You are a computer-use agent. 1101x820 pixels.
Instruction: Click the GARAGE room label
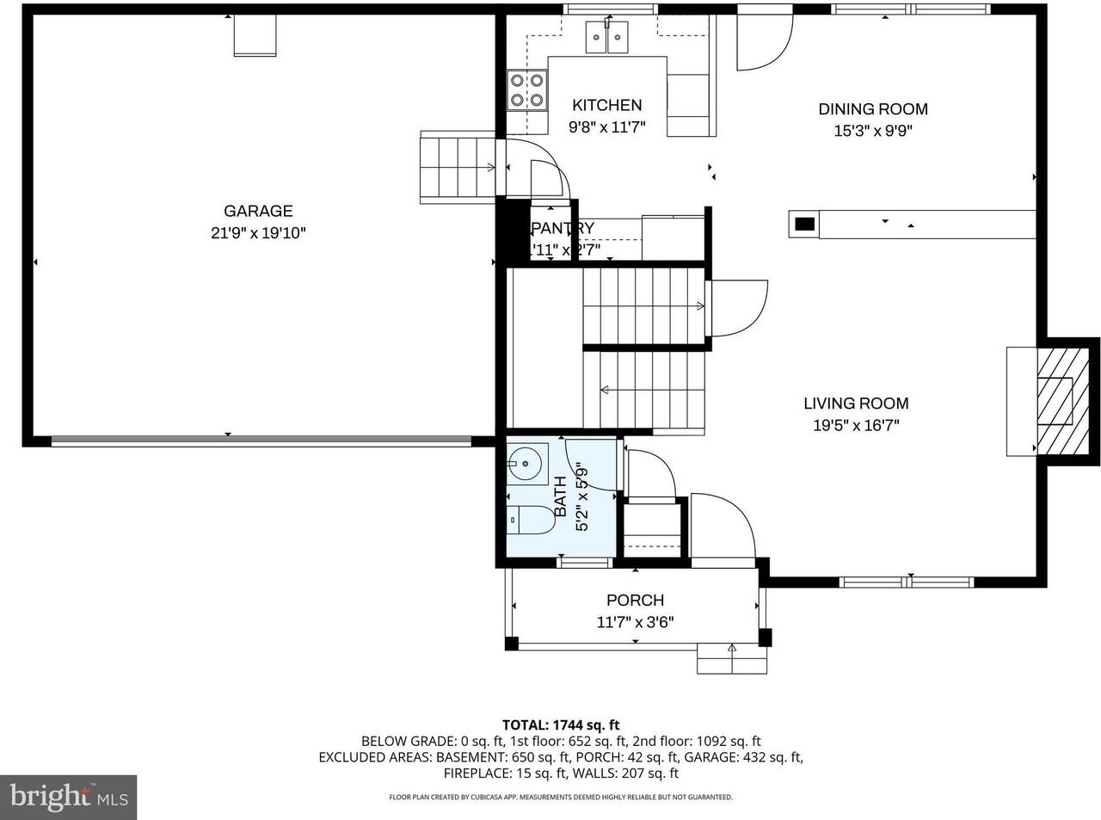[258, 211]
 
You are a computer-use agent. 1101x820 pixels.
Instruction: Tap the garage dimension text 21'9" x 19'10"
[258, 233]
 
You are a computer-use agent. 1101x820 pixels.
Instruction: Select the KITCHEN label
[606, 105]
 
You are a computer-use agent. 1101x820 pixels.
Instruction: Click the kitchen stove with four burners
[527, 89]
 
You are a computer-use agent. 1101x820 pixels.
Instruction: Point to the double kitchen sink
[608, 37]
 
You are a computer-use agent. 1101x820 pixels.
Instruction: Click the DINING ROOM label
[872, 109]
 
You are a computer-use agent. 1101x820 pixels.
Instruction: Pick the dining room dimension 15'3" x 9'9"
[872, 132]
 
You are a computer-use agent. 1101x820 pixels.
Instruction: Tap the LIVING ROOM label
[856, 403]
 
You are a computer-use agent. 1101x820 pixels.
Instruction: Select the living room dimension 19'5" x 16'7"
[856, 425]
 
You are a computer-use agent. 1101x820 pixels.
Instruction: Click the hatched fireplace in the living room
[1055, 400]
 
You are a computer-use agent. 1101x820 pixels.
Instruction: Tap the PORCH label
[635, 601]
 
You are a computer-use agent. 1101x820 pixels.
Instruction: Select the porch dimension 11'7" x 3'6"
[635, 622]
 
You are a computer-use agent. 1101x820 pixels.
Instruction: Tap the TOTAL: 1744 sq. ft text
[561, 725]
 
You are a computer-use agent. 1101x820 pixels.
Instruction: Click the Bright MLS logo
[69, 797]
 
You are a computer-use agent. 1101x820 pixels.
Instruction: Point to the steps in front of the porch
[731, 660]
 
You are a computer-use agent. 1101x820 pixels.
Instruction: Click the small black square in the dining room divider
[804, 224]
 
